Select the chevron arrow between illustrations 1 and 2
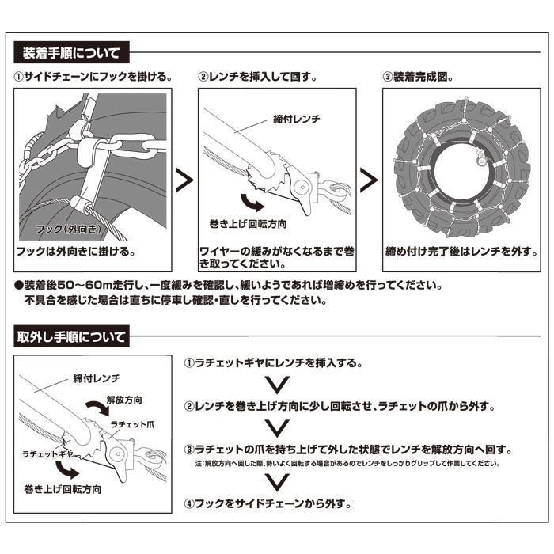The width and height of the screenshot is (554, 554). tap(184, 180)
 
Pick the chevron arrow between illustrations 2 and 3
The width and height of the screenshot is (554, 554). tap(369, 180)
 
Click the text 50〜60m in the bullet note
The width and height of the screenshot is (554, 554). tap(87, 284)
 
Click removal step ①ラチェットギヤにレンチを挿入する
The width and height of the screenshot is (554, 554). tap(273, 363)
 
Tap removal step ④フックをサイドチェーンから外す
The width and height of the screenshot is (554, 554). tap(267, 503)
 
